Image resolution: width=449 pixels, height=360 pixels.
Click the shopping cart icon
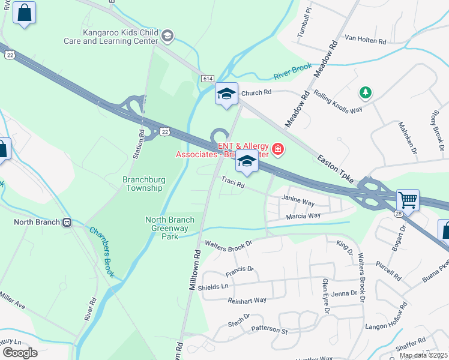tap(408, 200)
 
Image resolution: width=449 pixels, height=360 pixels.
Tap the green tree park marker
tap(364, 92)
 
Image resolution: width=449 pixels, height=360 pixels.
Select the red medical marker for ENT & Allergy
tap(278, 148)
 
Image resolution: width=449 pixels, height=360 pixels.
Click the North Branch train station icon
tap(67, 222)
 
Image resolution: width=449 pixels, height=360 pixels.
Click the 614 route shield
tap(208, 79)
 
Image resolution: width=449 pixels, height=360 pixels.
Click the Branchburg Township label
tap(143, 184)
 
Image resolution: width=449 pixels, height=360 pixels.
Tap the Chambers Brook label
tap(101, 252)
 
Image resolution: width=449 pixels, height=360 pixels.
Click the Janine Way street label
tap(298, 203)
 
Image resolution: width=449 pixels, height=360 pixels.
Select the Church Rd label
tap(256, 93)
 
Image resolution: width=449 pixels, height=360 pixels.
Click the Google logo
tap(20, 353)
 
